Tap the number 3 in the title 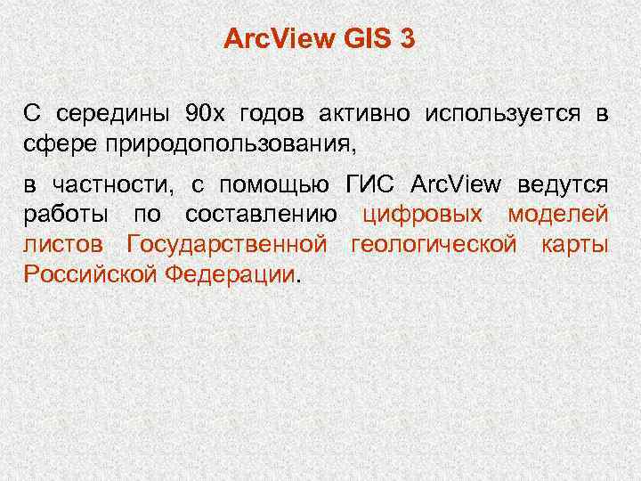(x=408, y=39)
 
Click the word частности (x=116, y=185)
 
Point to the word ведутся (x=561, y=185)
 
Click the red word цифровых (x=424, y=215)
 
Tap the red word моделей (x=558, y=215)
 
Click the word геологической (x=433, y=244)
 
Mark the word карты (x=574, y=244)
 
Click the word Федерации (x=231, y=273)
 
